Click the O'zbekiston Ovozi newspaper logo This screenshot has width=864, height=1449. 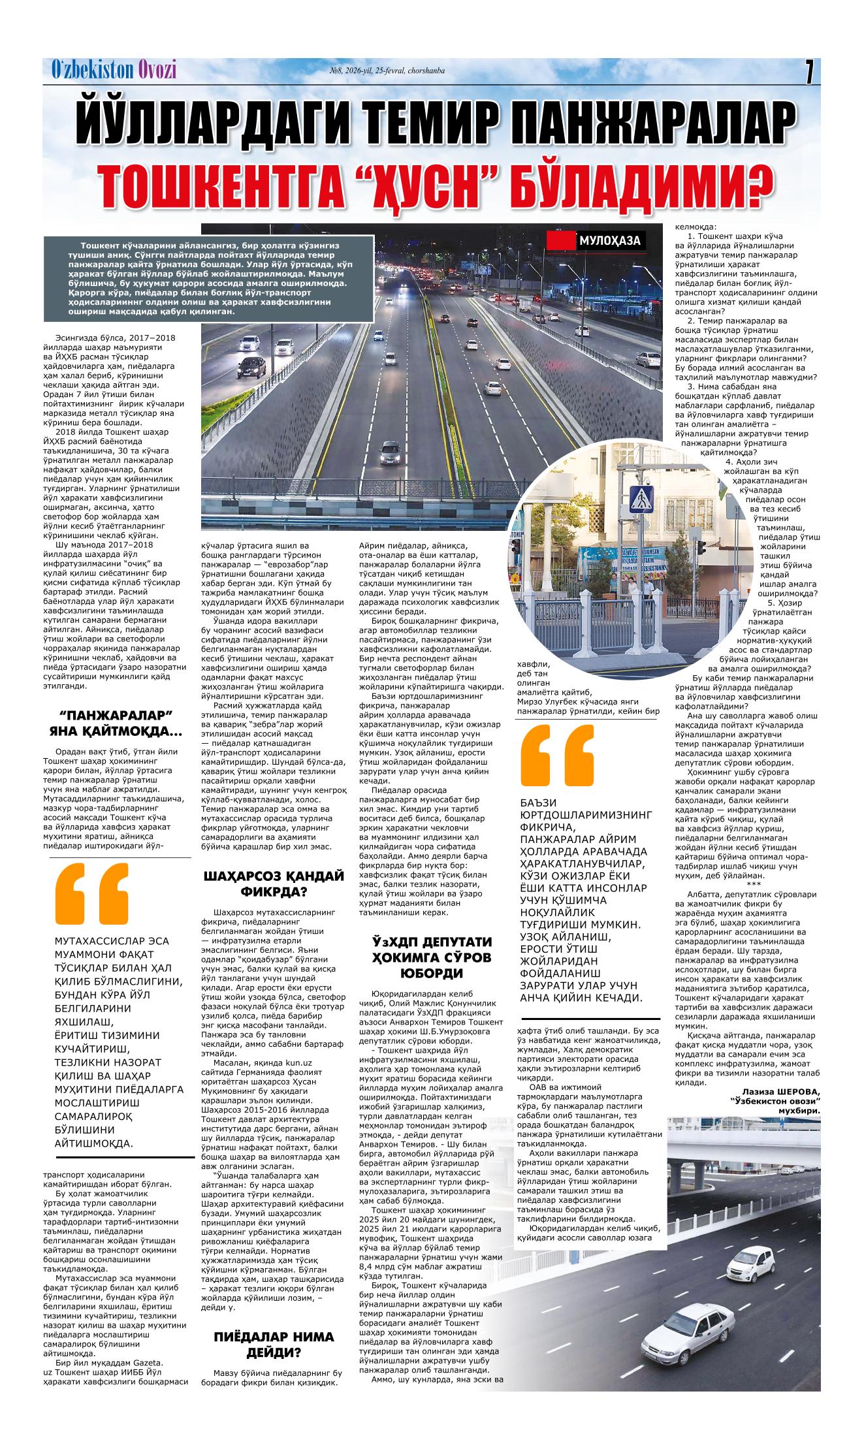[114, 71]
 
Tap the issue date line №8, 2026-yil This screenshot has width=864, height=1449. [388, 71]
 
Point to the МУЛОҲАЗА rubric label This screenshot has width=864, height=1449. [609, 242]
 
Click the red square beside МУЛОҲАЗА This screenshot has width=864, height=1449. [560, 241]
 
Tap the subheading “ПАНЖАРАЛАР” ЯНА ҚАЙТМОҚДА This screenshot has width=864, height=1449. [116, 721]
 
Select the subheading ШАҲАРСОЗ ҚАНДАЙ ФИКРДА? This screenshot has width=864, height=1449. [274, 884]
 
